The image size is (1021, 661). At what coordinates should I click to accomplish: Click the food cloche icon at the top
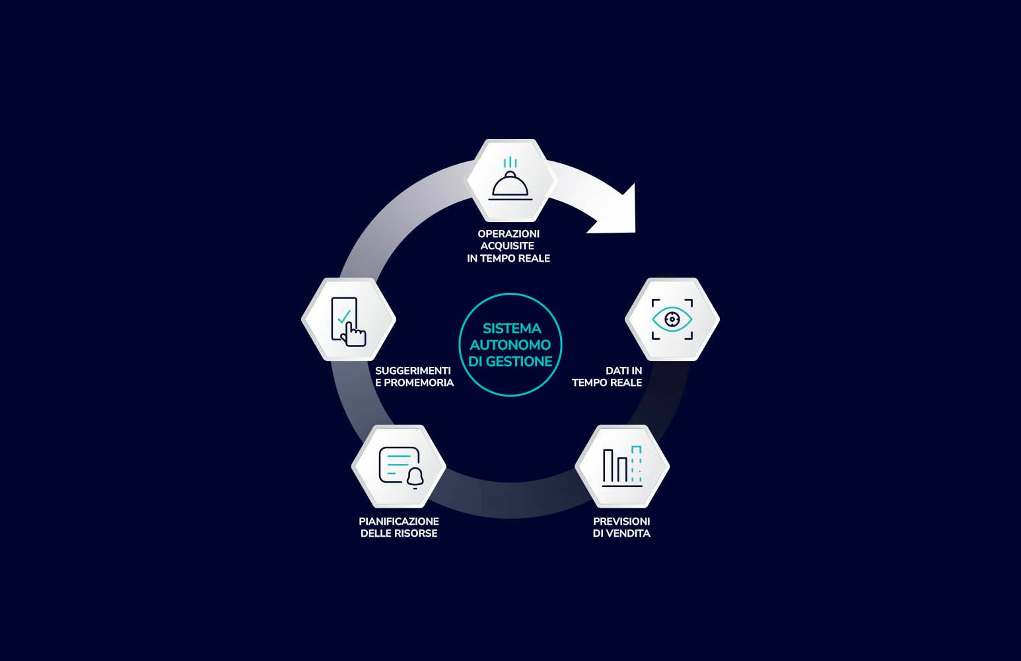[510, 186]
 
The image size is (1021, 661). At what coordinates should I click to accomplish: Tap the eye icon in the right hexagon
[672, 319]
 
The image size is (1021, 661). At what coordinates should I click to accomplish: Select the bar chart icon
[622, 467]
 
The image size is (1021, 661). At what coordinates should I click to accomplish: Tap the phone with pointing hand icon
[347, 321]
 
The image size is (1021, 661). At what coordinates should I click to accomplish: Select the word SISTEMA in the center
[511, 329]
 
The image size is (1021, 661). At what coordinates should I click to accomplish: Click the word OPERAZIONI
[509, 234]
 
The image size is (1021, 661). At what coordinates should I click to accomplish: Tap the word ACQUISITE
[507, 246]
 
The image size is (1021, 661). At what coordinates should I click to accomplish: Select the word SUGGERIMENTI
[413, 371]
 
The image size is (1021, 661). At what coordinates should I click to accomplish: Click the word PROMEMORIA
[419, 383]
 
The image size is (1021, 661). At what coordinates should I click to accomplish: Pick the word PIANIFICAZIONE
[399, 522]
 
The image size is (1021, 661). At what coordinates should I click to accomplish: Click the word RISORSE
[416, 533]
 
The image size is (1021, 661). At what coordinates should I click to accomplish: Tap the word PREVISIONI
[621, 522]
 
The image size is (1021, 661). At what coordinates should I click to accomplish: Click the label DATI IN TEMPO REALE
[607, 377]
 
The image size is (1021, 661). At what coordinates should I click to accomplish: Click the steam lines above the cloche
[510, 163]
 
